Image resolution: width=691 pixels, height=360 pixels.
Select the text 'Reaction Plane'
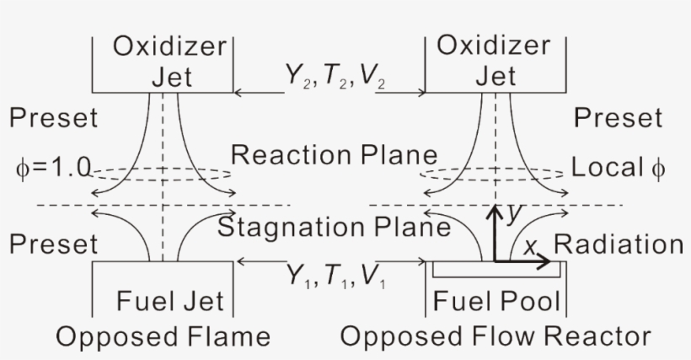point(335,156)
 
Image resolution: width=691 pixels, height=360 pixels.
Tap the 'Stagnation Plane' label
point(334,227)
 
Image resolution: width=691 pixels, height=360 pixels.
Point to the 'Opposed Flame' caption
point(163,337)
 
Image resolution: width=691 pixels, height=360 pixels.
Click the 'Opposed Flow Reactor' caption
point(495,337)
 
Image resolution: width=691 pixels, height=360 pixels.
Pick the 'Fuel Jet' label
point(169,301)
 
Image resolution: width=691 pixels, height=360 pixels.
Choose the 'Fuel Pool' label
point(496,301)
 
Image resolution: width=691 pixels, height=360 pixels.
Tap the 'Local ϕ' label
point(618,167)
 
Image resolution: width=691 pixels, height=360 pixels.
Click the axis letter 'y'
point(513,215)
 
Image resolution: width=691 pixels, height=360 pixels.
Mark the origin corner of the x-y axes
point(495,261)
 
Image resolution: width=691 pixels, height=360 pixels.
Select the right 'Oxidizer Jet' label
point(495,62)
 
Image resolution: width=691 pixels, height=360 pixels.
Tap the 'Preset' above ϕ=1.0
point(53,118)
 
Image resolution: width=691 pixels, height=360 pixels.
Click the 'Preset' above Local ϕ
point(618,118)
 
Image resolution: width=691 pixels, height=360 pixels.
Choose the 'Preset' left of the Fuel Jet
point(53,244)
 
